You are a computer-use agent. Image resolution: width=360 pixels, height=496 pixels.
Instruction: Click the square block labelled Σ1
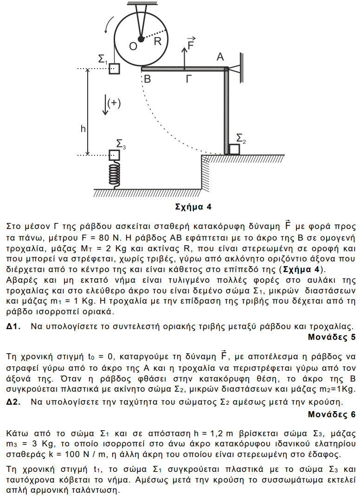(x=114, y=69)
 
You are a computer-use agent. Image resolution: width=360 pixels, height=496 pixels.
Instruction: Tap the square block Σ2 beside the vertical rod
(x=234, y=149)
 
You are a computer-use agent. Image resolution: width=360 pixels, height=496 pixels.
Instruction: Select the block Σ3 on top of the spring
(x=114, y=154)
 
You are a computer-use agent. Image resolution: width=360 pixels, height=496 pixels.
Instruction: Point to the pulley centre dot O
(x=141, y=39)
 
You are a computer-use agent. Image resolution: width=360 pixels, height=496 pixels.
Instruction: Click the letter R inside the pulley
(x=158, y=42)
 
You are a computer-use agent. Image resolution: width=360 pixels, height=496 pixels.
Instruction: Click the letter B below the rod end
(x=147, y=79)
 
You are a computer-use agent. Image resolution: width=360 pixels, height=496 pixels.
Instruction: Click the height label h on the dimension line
(x=83, y=128)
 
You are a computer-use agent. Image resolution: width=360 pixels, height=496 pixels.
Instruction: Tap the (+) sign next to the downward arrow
(x=114, y=103)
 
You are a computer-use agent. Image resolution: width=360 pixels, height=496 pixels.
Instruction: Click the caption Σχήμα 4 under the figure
(x=193, y=207)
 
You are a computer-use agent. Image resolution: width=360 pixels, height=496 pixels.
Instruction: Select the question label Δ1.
(x=13, y=326)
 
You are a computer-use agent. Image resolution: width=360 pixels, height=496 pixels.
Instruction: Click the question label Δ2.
(x=13, y=402)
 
